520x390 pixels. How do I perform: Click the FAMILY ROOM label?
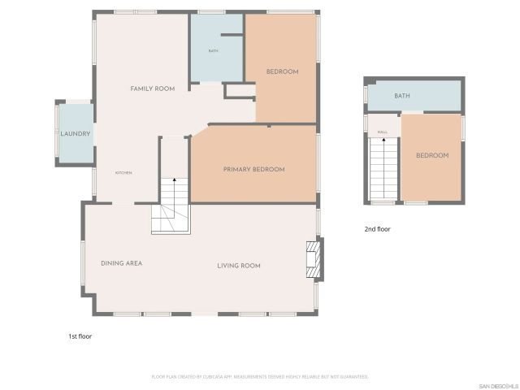point(154,88)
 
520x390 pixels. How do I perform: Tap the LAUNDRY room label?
point(75,133)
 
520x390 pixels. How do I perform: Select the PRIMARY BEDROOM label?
point(253,169)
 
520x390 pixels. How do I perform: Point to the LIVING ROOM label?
point(238,266)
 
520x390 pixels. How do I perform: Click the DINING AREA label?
point(122,263)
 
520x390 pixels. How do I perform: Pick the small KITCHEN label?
point(123,173)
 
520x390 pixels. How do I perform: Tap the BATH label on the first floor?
point(213,51)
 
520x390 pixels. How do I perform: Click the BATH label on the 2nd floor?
point(402,96)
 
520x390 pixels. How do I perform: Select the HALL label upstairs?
point(382,130)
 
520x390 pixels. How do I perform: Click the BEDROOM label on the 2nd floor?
point(432,155)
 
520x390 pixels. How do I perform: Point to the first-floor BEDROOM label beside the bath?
point(283,71)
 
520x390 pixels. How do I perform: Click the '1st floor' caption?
point(81,335)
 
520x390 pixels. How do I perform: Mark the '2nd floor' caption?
point(377,229)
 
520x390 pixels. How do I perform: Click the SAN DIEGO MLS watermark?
point(498,384)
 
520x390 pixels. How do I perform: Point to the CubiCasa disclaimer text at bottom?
point(260,377)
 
